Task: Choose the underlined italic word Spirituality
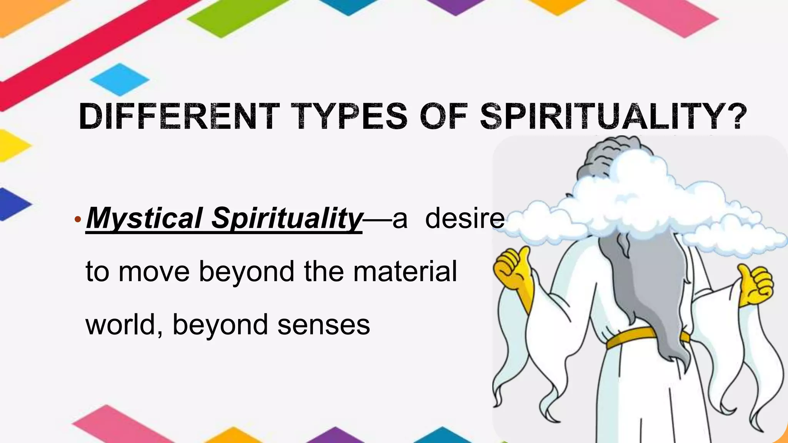(287, 218)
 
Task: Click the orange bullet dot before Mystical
(78, 220)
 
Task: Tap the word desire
(464, 218)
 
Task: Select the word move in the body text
(154, 271)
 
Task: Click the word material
(405, 271)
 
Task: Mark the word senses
(324, 325)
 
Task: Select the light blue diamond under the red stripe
(120, 80)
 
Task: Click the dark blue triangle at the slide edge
(12, 204)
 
